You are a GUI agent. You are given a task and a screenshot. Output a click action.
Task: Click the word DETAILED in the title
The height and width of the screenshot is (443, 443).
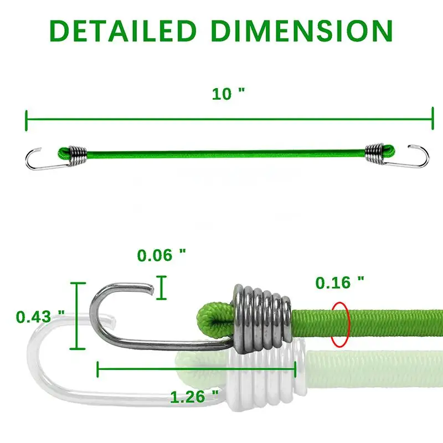tap(122, 31)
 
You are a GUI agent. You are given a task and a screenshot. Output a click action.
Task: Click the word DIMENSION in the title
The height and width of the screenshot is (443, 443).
tap(302, 31)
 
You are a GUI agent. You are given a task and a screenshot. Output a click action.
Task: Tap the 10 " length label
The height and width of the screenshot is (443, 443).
tap(229, 94)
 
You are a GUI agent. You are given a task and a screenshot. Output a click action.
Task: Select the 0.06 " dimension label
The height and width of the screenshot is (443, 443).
tap(162, 255)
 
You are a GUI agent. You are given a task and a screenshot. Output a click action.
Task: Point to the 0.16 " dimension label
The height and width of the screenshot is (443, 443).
tap(340, 282)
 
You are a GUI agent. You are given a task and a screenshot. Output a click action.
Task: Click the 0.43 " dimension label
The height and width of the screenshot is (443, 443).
tap(40, 316)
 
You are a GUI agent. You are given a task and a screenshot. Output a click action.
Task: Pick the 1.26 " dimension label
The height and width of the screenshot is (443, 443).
tap(194, 396)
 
